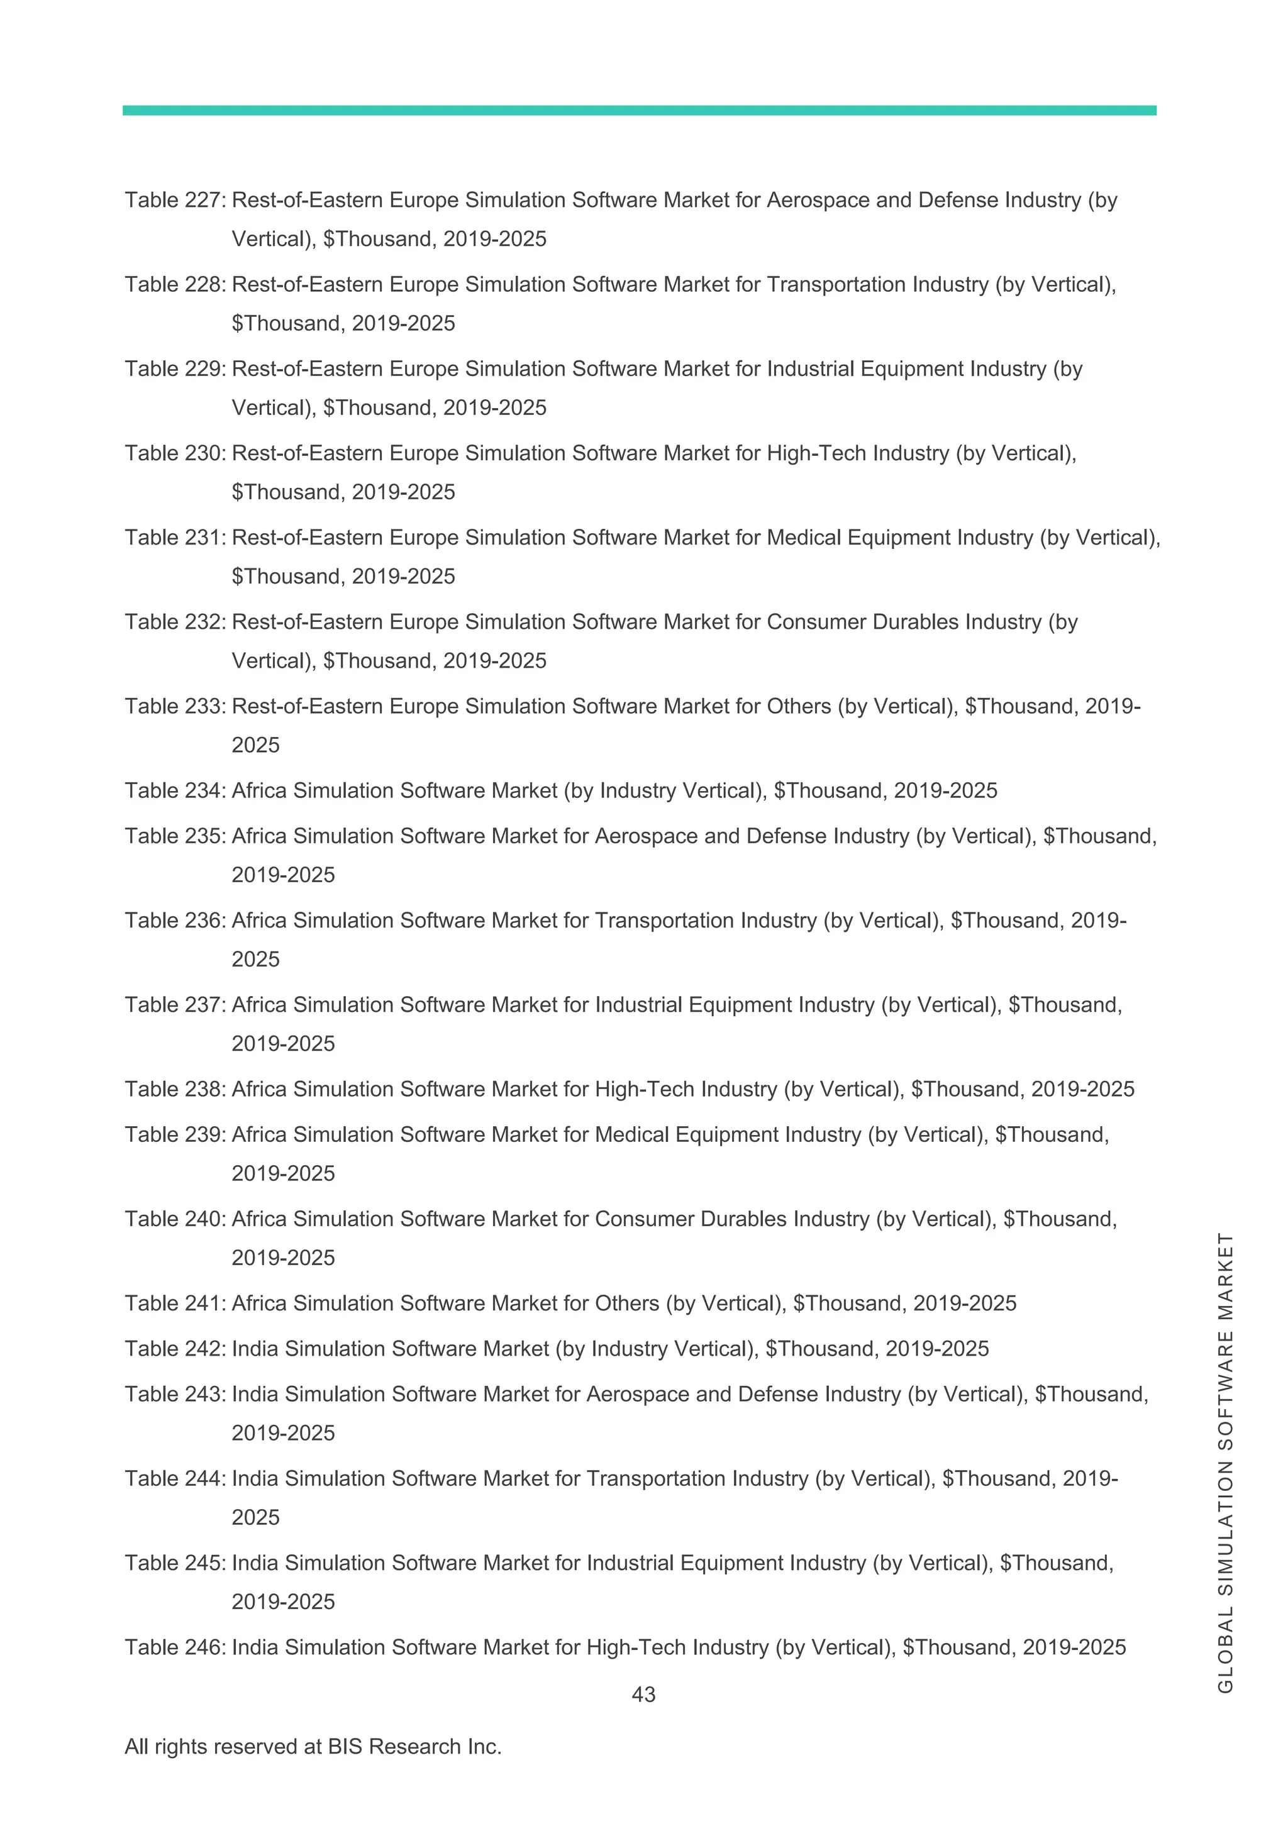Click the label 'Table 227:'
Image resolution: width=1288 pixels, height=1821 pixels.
[176, 200]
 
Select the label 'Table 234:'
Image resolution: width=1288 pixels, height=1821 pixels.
[176, 791]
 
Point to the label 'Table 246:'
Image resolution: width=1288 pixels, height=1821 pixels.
[176, 1647]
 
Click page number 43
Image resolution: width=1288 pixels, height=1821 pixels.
[643, 1694]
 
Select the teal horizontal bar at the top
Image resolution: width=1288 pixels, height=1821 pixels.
[639, 110]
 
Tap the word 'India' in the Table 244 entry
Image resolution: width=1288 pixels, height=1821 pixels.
[255, 1478]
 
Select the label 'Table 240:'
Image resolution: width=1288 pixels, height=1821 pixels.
[176, 1219]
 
